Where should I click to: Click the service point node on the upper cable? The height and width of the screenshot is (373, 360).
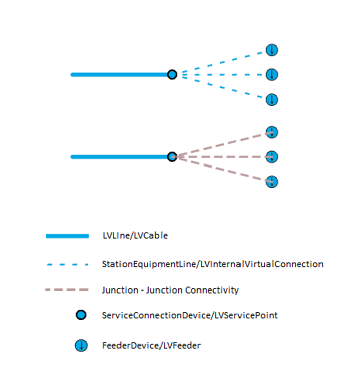(172, 75)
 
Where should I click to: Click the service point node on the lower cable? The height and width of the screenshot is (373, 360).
(172, 157)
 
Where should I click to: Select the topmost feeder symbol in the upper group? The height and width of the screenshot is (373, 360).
(272, 50)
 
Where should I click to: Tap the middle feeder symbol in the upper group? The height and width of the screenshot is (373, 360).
(272, 75)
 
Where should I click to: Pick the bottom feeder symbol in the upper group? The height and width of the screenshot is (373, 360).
(272, 99)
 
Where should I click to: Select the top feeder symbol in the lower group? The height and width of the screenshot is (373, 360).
(272, 132)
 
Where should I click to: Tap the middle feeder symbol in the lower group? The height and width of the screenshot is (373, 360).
(272, 157)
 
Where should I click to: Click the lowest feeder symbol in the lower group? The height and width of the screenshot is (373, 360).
(272, 181)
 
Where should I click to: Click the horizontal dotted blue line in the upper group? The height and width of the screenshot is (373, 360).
(223, 75)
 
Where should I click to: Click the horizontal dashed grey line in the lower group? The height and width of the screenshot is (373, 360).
(223, 157)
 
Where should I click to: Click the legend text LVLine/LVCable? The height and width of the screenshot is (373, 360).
(134, 236)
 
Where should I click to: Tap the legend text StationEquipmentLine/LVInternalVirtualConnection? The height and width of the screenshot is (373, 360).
(212, 264)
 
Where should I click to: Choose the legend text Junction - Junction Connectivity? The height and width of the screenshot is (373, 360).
(170, 291)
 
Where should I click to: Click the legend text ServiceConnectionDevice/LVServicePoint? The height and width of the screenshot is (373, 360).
(189, 315)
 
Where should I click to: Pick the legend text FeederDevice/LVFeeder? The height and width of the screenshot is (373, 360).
(151, 346)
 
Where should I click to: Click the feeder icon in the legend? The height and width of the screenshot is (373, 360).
(81, 346)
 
